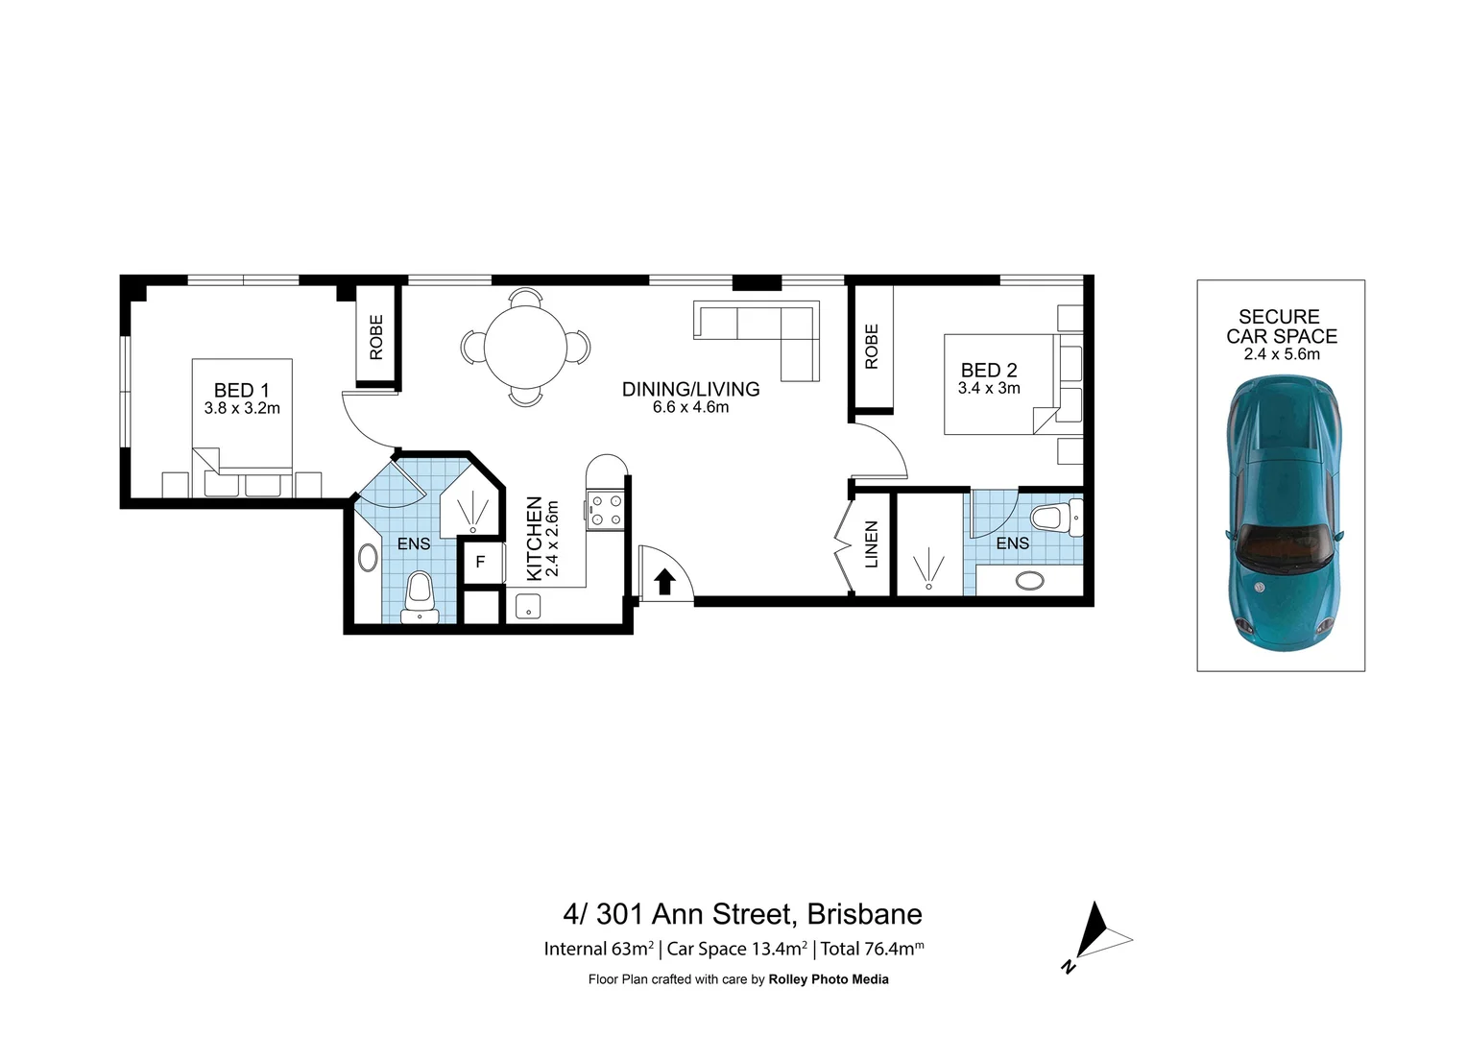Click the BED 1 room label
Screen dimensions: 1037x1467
pyautogui.click(x=241, y=391)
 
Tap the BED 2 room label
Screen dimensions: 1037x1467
pyautogui.click(x=988, y=371)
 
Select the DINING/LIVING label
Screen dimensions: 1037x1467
pyautogui.click(x=690, y=389)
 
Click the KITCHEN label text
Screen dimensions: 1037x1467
pyautogui.click(x=535, y=539)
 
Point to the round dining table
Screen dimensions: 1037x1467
pyautogui.click(x=525, y=347)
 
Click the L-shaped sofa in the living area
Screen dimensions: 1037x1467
pyautogui.click(x=768, y=331)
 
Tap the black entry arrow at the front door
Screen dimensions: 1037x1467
pyautogui.click(x=663, y=581)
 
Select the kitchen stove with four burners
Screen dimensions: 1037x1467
pyautogui.click(x=605, y=510)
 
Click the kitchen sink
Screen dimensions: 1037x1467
pyautogui.click(x=527, y=606)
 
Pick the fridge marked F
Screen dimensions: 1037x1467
pyautogui.click(x=480, y=563)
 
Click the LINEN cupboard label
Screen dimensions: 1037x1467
pyautogui.click(x=872, y=543)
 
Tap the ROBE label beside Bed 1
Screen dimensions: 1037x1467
pyautogui.click(x=376, y=337)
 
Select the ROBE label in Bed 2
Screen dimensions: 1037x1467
pyautogui.click(x=872, y=347)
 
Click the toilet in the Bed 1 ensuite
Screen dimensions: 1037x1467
pyautogui.click(x=420, y=595)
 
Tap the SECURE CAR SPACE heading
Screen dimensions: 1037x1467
pyautogui.click(x=1281, y=326)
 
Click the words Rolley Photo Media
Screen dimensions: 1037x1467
pyautogui.click(x=829, y=979)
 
